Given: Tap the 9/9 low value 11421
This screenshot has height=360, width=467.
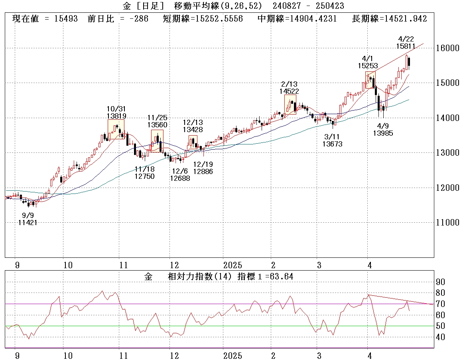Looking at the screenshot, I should pos(28,223).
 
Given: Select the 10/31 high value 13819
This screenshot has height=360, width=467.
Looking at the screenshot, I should pos(116,116).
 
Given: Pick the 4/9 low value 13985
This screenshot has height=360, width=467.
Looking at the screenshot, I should pos(383,133).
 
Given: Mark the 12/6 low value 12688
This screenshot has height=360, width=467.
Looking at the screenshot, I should pos(179,178).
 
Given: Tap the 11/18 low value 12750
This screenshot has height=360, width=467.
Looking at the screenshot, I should pos(144,176).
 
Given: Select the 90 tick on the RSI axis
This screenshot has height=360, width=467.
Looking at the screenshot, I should pos(440,282).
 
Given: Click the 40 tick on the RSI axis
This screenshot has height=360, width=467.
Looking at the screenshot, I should pos(440,337).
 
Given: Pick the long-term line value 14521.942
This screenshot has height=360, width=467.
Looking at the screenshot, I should pos(404,19).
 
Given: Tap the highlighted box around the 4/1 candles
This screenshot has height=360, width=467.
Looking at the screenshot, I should pos(370,80).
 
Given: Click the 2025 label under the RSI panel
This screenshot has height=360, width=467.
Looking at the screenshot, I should pos(233,355).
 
